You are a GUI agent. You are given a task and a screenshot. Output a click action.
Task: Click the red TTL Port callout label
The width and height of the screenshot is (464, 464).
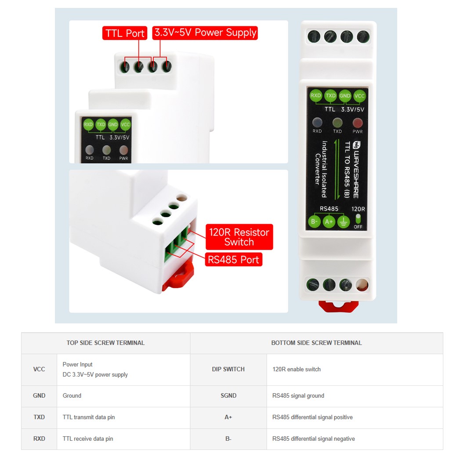pyautogui.click(x=125, y=33)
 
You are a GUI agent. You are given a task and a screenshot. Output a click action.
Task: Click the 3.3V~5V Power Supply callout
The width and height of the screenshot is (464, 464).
pyautogui.click(x=205, y=33)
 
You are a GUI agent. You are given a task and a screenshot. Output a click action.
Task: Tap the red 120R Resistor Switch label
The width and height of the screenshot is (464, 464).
pyautogui.click(x=239, y=237)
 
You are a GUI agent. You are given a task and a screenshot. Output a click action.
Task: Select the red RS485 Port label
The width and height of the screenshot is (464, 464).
pyautogui.click(x=234, y=260)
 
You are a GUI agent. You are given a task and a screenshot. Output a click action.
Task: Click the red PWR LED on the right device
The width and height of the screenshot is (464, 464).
pyautogui.click(x=358, y=123)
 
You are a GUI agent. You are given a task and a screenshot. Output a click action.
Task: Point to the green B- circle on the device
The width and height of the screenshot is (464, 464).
pyautogui.click(x=315, y=222)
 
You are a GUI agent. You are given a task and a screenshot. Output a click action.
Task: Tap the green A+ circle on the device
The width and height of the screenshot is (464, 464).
pyautogui.click(x=329, y=222)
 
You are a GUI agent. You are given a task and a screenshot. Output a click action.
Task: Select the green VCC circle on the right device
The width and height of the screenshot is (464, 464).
pyautogui.click(x=359, y=96)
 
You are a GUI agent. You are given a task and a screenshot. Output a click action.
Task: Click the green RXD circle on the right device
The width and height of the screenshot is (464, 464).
pyautogui.click(x=316, y=96)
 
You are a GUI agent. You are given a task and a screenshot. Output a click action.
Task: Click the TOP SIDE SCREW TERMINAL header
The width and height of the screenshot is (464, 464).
pyautogui.click(x=105, y=343)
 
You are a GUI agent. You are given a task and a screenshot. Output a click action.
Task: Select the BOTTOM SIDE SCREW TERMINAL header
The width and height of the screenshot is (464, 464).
pyautogui.click(x=316, y=343)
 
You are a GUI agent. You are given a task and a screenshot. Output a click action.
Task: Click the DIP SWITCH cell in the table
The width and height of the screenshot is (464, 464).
pyautogui.click(x=228, y=370)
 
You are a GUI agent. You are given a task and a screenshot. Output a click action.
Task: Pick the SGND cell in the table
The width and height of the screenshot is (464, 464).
pyautogui.click(x=228, y=396)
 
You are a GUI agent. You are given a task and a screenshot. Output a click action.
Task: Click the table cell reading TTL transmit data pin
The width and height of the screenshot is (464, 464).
pyautogui.click(x=89, y=417)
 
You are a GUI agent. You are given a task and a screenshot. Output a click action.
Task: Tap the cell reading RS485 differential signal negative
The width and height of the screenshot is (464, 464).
pyautogui.click(x=313, y=439)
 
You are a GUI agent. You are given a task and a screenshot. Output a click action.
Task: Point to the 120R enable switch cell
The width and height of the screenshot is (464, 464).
pyautogui.click(x=297, y=370)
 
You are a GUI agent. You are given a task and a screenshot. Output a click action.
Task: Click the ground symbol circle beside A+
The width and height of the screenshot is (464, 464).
pyautogui.click(x=344, y=222)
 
